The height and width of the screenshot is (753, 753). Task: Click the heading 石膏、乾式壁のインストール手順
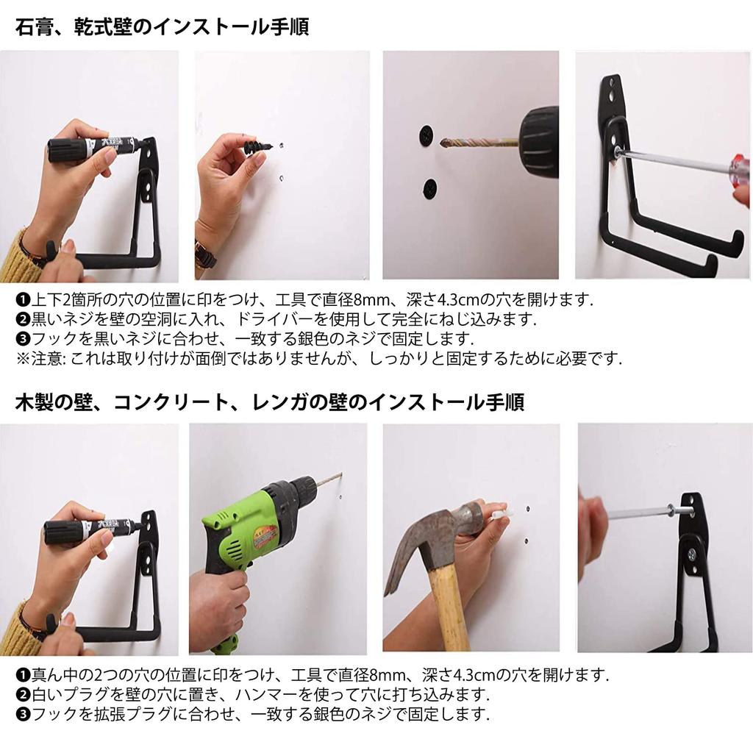click(x=162, y=28)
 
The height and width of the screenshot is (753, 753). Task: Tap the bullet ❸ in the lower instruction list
click(x=23, y=714)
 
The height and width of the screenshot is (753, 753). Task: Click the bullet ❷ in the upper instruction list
click(x=23, y=320)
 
